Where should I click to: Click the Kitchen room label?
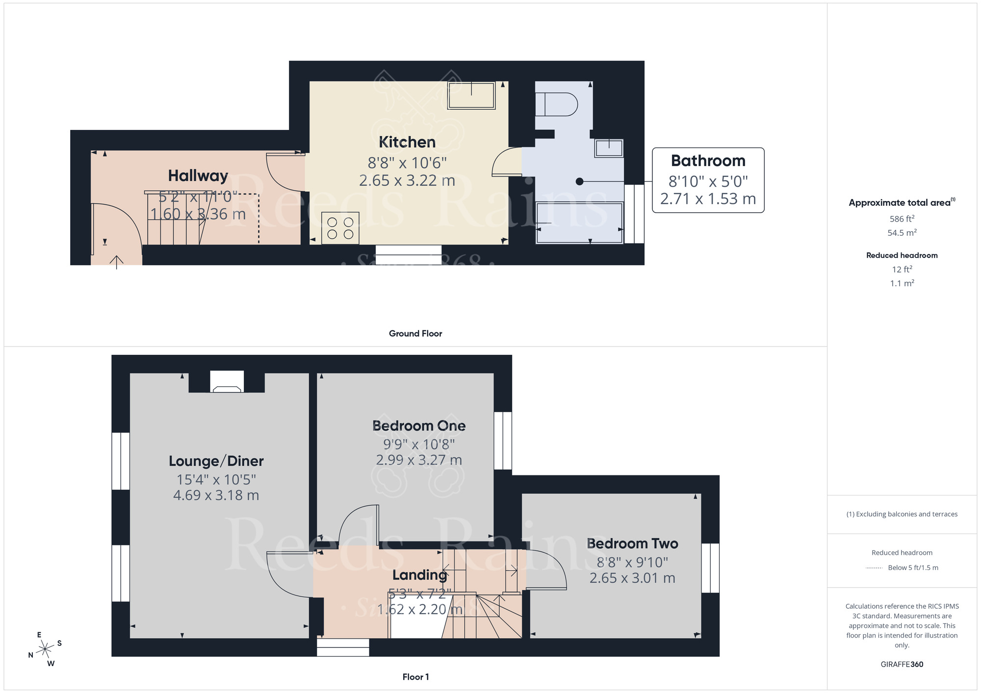(x=407, y=142)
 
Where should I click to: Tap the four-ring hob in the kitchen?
(x=340, y=228)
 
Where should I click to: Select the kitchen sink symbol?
(x=471, y=96)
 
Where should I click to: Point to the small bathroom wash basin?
(x=609, y=148)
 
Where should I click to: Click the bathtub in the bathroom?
(x=579, y=223)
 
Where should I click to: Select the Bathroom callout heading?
(x=708, y=161)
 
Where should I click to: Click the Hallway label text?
(x=198, y=175)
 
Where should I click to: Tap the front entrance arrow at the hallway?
(x=116, y=262)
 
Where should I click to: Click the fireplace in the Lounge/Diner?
(x=227, y=383)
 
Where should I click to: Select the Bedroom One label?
(x=419, y=425)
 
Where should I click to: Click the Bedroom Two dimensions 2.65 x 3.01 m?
(x=632, y=578)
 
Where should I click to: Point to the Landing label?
(x=420, y=574)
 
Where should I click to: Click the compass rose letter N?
(x=30, y=655)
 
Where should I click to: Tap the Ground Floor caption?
(x=415, y=333)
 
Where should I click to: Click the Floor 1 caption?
(x=415, y=677)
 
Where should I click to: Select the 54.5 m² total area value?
(x=902, y=233)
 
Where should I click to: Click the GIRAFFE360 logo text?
(x=902, y=665)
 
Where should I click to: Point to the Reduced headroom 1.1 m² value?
(x=902, y=283)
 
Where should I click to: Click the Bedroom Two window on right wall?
(x=710, y=568)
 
